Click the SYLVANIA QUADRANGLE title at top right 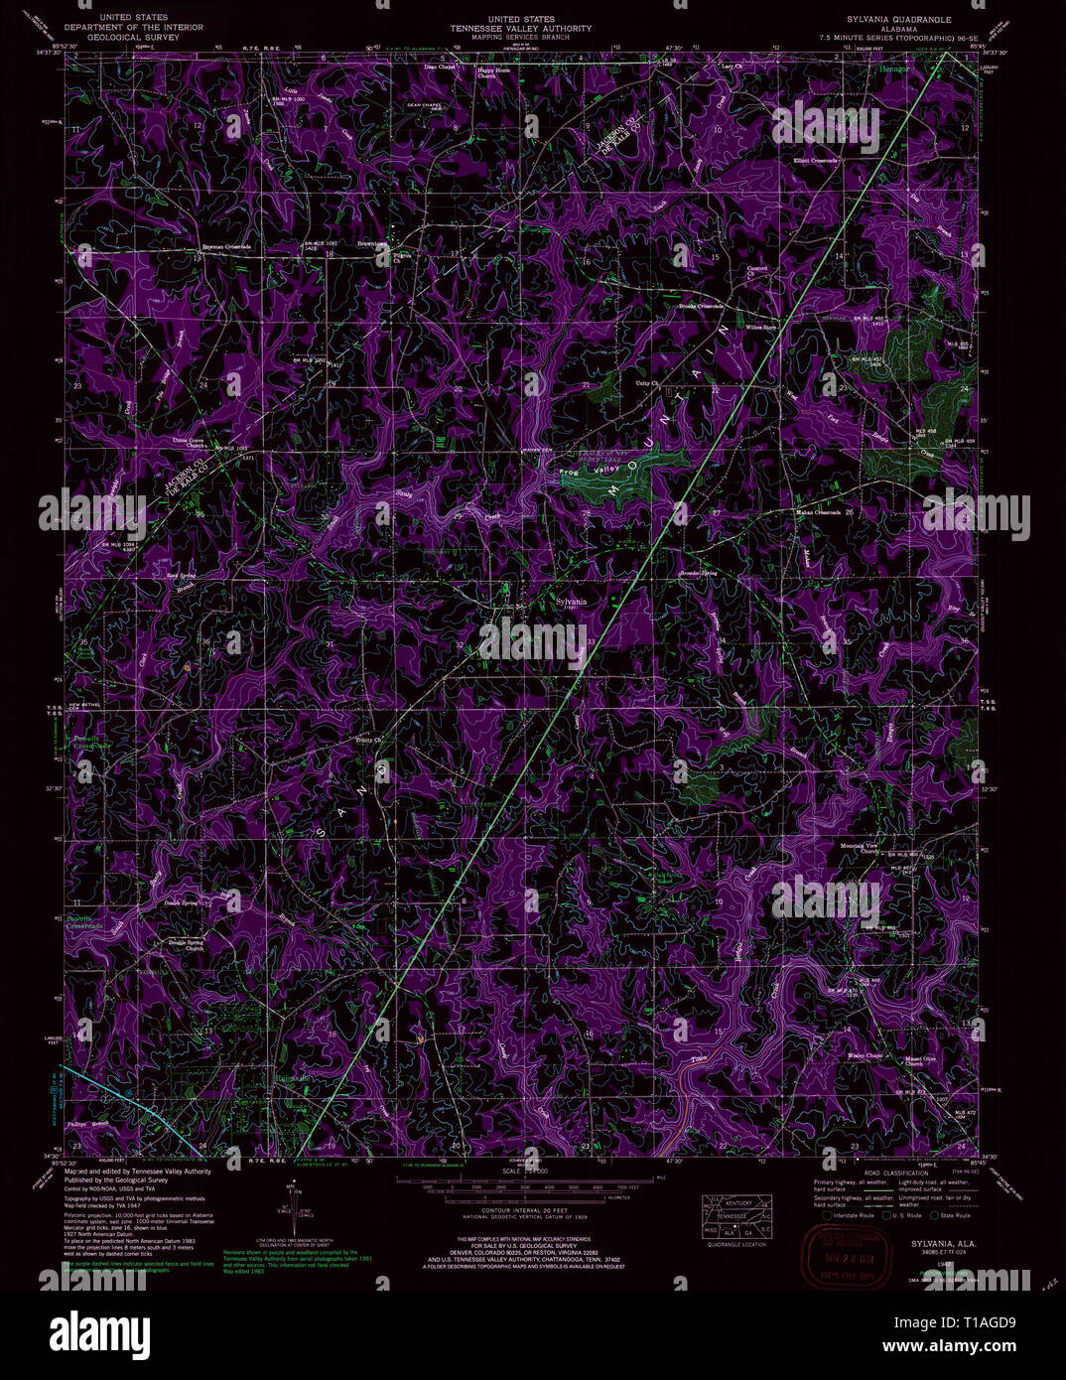tap(885, 19)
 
